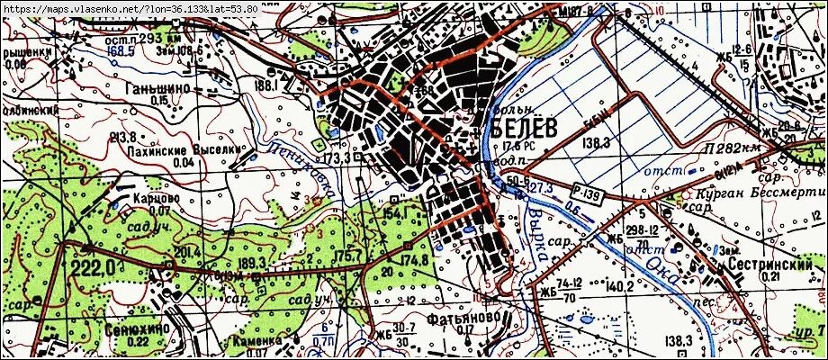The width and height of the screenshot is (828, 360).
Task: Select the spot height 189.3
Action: (254, 262)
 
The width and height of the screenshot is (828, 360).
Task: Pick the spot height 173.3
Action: (337, 158)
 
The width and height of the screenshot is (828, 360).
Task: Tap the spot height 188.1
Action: (265, 85)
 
